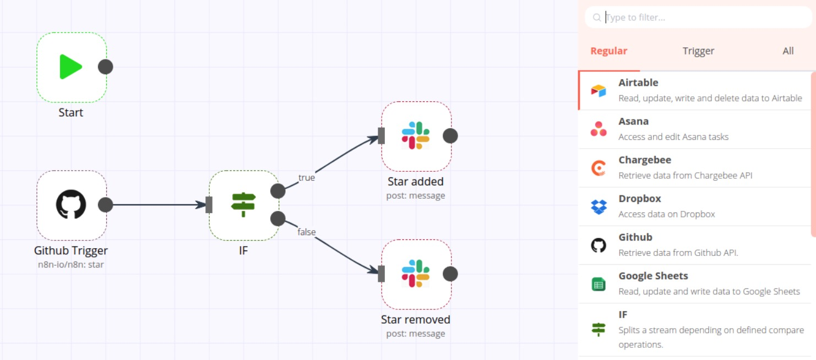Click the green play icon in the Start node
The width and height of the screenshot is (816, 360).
click(x=70, y=67)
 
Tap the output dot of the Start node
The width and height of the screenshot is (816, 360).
click(x=106, y=67)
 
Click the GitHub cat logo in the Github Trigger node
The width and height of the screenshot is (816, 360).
click(x=71, y=204)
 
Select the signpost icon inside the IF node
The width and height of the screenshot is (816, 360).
click(x=243, y=205)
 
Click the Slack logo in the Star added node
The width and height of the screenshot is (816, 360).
click(x=416, y=135)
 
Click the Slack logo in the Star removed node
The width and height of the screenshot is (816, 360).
click(x=416, y=274)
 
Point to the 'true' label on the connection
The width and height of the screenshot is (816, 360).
click(x=306, y=178)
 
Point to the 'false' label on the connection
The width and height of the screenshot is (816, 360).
click(x=306, y=232)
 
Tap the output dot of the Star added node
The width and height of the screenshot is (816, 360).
click(x=450, y=136)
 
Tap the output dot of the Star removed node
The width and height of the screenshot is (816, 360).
click(x=450, y=274)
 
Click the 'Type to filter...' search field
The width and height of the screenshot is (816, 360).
click(x=698, y=17)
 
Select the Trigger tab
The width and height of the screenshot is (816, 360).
click(x=698, y=51)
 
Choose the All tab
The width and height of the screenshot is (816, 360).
click(x=788, y=51)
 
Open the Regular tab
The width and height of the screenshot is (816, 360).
click(x=609, y=51)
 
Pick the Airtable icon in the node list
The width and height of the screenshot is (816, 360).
click(x=599, y=91)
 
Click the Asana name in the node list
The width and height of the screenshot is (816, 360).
click(x=634, y=121)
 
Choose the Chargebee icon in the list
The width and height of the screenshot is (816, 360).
click(x=599, y=168)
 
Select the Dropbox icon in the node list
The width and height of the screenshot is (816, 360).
click(x=599, y=207)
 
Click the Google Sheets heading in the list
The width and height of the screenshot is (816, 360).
click(x=653, y=276)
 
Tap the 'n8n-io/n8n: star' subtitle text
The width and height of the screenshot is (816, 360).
click(x=71, y=265)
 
